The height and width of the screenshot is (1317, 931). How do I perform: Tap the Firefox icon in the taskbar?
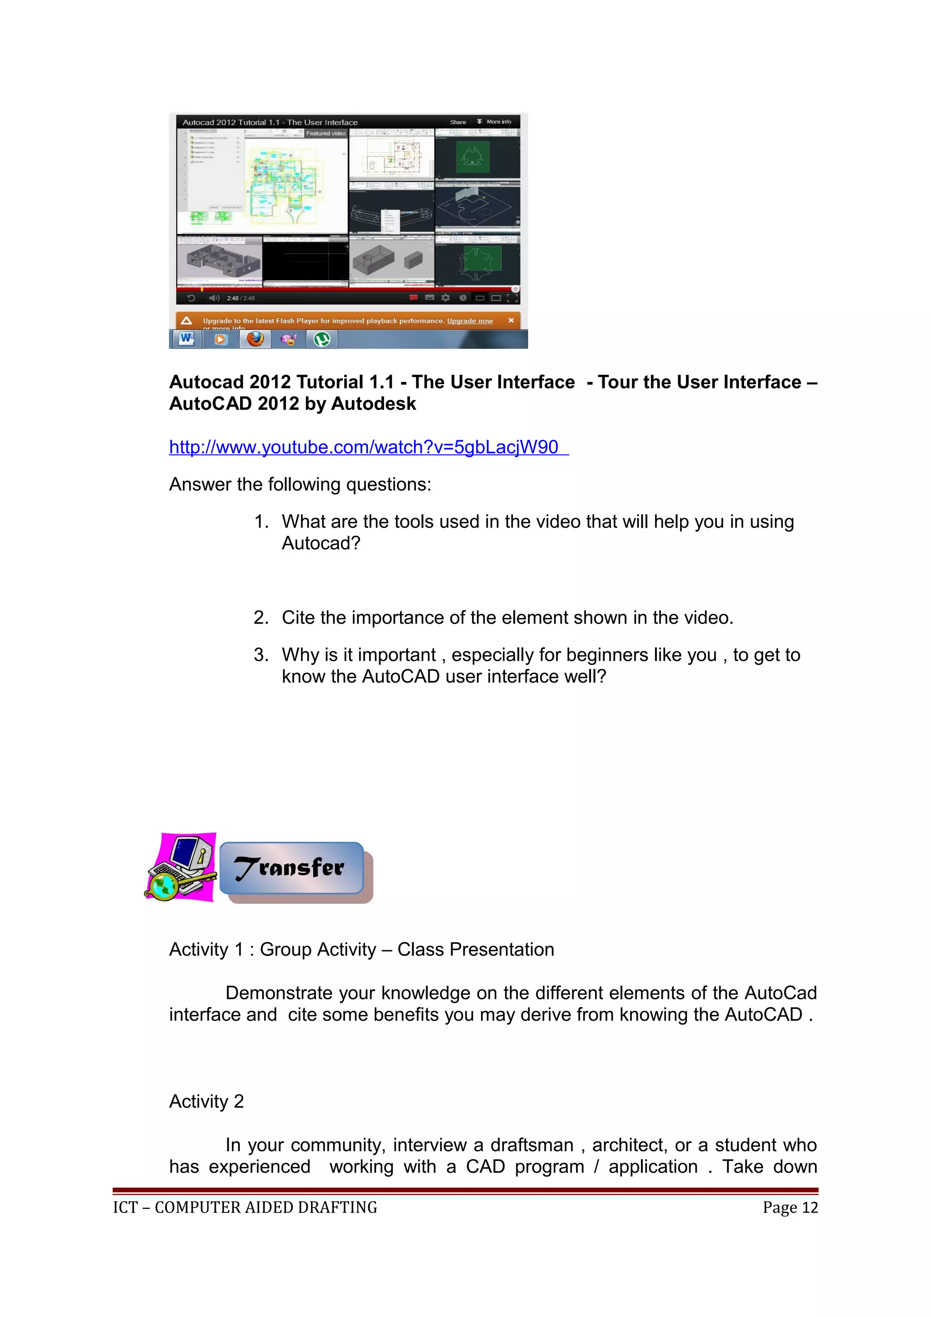tap(255, 339)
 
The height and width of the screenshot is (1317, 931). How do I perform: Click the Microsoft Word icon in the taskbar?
tap(186, 339)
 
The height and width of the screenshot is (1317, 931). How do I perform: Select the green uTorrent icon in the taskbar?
tap(322, 339)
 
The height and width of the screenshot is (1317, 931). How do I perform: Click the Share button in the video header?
tap(458, 122)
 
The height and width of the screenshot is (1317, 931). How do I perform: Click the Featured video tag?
tap(325, 133)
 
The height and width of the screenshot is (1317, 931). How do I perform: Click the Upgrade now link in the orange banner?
tap(469, 321)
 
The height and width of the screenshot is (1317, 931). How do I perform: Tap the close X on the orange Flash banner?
tap(511, 320)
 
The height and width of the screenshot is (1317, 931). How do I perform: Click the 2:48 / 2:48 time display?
tap(240, 298)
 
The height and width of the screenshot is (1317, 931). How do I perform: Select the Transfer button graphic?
tap(291, 868)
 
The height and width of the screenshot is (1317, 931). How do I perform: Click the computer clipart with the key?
tap(181, 867)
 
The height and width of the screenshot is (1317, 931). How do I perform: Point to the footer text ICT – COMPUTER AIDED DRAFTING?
tap(245, 1207)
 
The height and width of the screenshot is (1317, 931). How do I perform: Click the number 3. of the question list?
tap(261, 655)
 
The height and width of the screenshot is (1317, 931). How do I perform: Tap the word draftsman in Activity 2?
tap(531, 1145)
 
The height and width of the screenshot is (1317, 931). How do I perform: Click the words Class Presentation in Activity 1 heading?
tap(476, 949)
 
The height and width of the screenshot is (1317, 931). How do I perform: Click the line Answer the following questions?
tap(300, 485)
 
